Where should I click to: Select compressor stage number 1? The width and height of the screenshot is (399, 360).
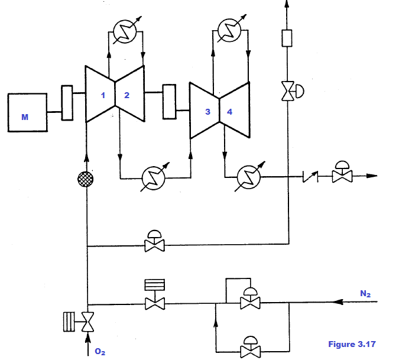[101, 94]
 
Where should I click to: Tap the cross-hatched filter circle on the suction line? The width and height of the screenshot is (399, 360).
[87, 179]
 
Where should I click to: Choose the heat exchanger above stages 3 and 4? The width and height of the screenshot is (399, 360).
[230, 30]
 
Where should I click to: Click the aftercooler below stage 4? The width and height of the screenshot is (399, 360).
[248, 176]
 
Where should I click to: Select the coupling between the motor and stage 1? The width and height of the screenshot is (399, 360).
[67, 102]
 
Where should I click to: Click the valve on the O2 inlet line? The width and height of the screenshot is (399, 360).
[87, 322]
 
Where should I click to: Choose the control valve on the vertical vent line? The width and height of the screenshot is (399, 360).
[288, 92]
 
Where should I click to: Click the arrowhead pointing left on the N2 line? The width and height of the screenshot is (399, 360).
[338, 301]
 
